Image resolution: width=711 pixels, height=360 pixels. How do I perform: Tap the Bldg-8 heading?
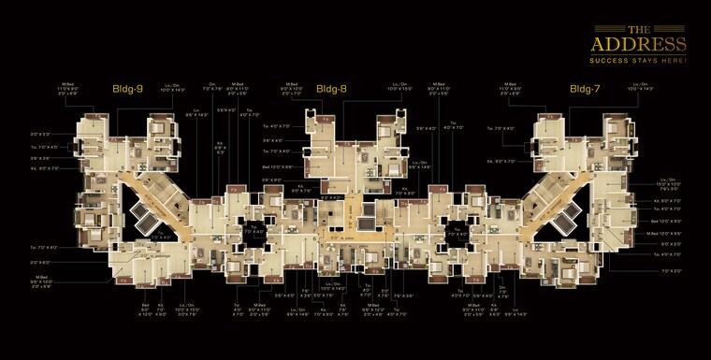click(331, 89)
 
